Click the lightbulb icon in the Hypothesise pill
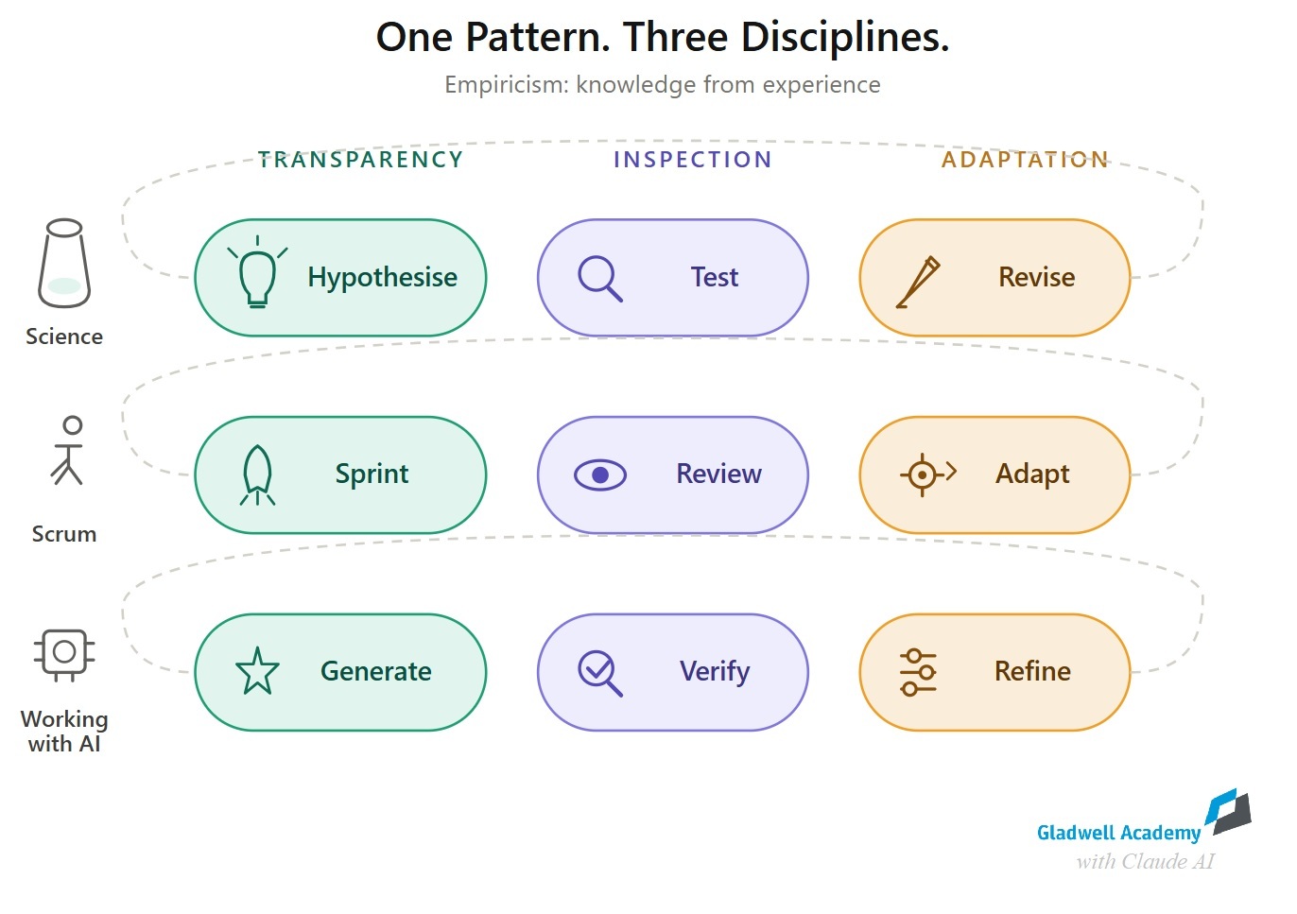coord(258,271)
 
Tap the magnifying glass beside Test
coord(600,279)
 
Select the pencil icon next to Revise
coord(918,282)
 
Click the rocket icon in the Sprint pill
coord(258,474)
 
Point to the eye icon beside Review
coord(600,475)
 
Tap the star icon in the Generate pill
coord(258,671)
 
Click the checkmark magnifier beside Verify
coord(600,673)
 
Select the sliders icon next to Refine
coord(918,672)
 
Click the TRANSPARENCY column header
coord(360,160)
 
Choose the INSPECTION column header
coord(693,160)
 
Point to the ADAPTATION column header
coord(1025,160)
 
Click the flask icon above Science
coord(64,263)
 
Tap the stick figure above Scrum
coord(67,450)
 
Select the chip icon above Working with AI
coord(64,655)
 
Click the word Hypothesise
coord(382,278)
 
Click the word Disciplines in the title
coord(845,38)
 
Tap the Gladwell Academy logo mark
coord(1228,812)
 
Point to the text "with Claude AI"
coord(1146,862)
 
